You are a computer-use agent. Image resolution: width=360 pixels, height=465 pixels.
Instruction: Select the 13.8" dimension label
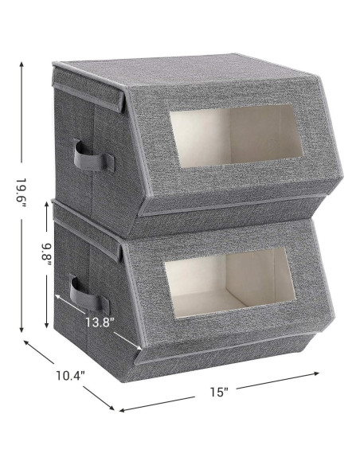[x=100, y=322]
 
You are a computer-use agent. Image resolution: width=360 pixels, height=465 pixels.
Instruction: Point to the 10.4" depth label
[x=71, y=376]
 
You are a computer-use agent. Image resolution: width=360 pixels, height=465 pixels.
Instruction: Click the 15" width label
[x=219, y=392]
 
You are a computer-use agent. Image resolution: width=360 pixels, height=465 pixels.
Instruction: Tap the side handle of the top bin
[x=94, y=156]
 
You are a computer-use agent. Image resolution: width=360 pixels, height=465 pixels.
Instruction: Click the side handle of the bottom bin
[x=89, y=295]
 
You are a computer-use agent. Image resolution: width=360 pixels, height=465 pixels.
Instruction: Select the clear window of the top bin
[x=236, y=136]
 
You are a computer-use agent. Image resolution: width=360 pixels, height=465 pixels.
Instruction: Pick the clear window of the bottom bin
[x=230, y=283]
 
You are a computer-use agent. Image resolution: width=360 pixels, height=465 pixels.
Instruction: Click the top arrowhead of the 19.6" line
[x=22, y=64]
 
